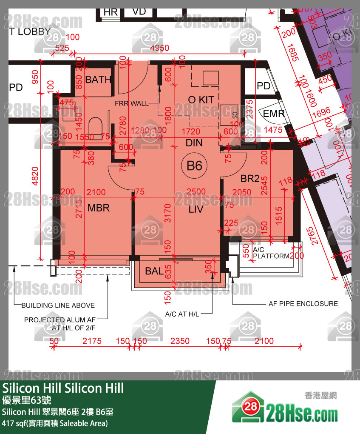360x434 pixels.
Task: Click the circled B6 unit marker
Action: [194, 165]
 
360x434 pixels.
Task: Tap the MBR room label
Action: [99, 208]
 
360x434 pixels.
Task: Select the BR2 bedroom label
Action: [250, 179]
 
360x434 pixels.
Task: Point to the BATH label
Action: [98, 80]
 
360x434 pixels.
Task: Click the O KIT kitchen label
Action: [201, 100]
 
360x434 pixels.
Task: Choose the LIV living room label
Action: [196, 209]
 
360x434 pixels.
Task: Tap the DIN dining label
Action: [194, 143]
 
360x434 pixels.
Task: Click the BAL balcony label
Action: [154, 271]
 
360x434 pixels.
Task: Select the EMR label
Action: [274, 114]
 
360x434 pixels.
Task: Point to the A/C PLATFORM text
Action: [271, 253]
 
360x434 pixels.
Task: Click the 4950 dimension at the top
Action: [160, 48]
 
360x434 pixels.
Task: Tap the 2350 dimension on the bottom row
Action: [179, 341]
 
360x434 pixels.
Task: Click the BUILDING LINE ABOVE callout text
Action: [58, 305]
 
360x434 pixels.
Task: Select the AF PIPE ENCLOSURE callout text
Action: [303, 304]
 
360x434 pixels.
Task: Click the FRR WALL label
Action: [131, 103]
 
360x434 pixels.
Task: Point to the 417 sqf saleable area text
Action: [55, 423]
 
